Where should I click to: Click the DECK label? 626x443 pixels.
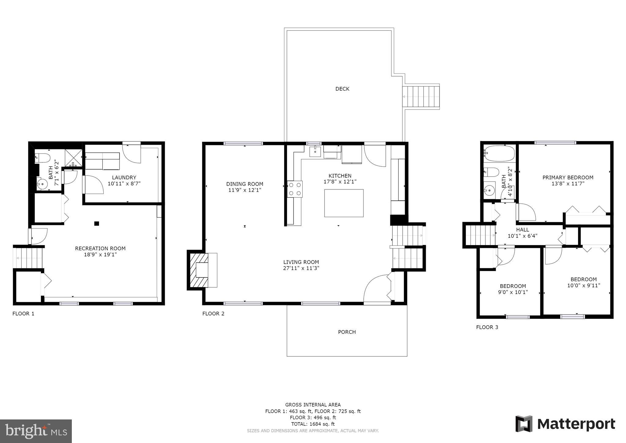(342, 89)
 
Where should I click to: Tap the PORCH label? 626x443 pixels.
(347, 332)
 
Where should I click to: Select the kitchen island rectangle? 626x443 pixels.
(344, 203)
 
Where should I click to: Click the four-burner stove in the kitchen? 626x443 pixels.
(295, 189)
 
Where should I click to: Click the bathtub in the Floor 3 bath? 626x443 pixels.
(499, 154)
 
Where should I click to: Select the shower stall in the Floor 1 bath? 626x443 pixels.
(73, 158)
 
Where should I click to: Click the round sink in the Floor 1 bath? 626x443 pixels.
(42, 184)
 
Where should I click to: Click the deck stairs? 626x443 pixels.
(421, 96)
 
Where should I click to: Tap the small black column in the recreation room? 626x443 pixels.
(97, 223)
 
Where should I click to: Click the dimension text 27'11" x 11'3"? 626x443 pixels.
(301, 268)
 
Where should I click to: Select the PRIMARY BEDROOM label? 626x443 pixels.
(568, 177)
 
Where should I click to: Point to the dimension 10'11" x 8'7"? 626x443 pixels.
(124, 184)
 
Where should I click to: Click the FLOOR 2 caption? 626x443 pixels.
(213, 314)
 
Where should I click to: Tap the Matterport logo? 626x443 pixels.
(565, 424)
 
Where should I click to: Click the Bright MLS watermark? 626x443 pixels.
(36, 431)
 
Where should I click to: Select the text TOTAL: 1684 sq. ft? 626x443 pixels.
(313, 424)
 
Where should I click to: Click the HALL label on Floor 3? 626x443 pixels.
(523, 230)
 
